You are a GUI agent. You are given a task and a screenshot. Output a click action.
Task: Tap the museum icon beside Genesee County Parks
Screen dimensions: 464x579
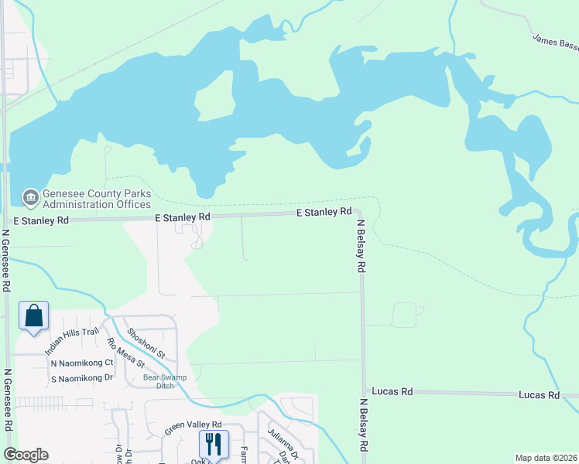click(x=31, y=198)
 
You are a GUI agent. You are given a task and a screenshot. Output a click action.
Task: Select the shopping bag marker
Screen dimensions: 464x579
click(x=34, y=316)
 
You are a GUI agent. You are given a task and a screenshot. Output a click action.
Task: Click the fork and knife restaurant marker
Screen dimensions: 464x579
click(x=214, y=444)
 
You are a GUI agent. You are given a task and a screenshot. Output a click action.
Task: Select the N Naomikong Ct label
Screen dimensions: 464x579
click(x=82, y=363)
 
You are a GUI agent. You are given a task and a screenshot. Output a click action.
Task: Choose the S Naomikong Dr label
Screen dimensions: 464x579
click(x=82, y=378)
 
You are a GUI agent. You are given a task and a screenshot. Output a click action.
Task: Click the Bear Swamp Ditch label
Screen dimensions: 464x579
click(x=159, y=382)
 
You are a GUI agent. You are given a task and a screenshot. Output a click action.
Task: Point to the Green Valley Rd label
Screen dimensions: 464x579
click(x=193, y=425)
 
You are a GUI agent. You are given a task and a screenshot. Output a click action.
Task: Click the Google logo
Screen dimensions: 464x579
click(x=26, y=455)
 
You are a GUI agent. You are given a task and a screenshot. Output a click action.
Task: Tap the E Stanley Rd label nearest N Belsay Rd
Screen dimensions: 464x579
click(x=325, y=211)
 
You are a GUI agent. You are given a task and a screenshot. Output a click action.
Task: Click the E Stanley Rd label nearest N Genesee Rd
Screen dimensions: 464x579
click(x=183, y=217)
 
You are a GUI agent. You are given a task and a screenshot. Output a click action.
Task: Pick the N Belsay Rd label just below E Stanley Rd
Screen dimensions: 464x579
click(x=361, y=247)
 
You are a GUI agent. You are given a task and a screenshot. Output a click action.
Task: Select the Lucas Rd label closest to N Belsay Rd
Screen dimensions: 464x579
click(x=392, y=392)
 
